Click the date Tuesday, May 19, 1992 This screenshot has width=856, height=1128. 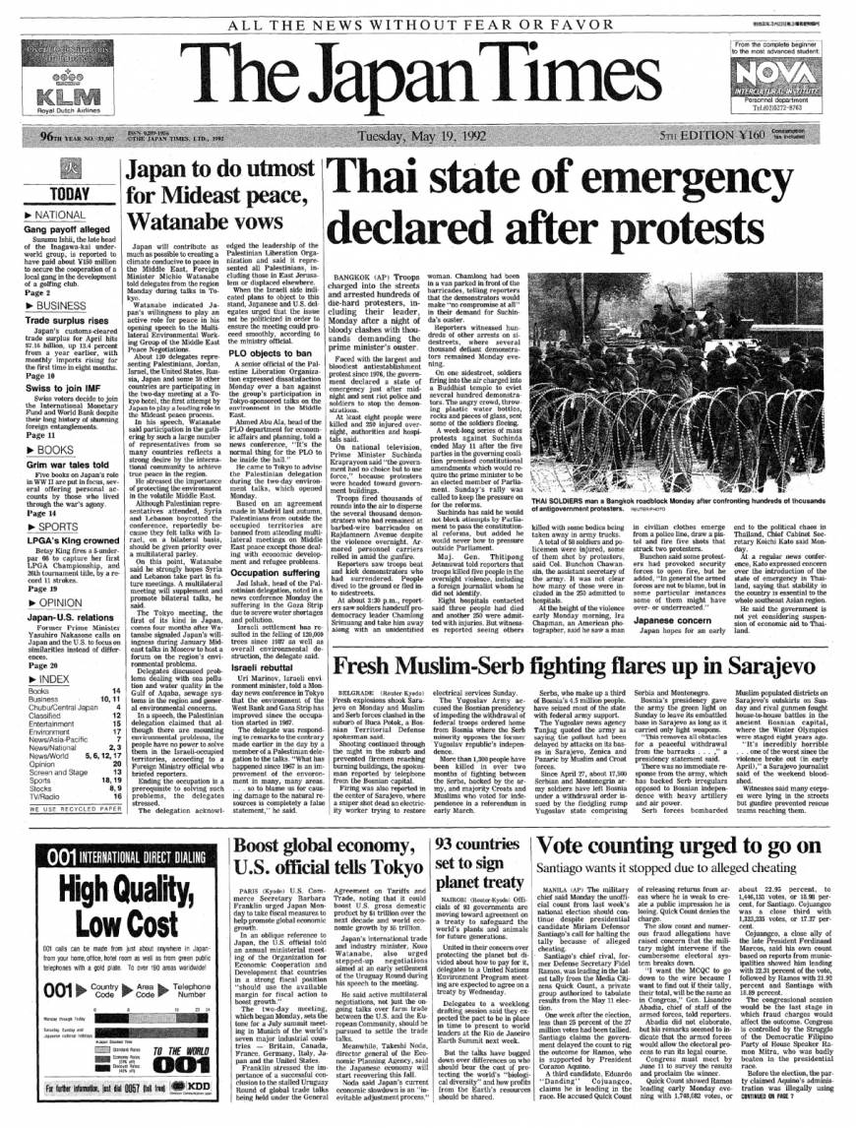pyautogui.click(x=425, y=136)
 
